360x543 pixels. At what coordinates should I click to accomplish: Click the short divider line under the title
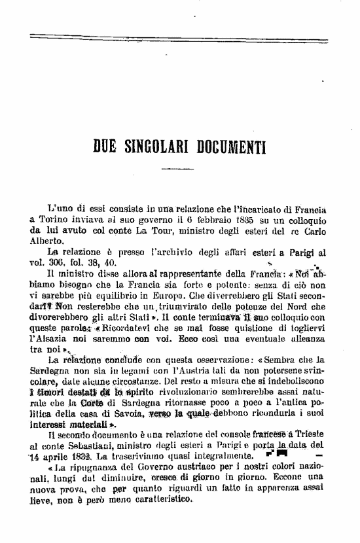tap(177, 169)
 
